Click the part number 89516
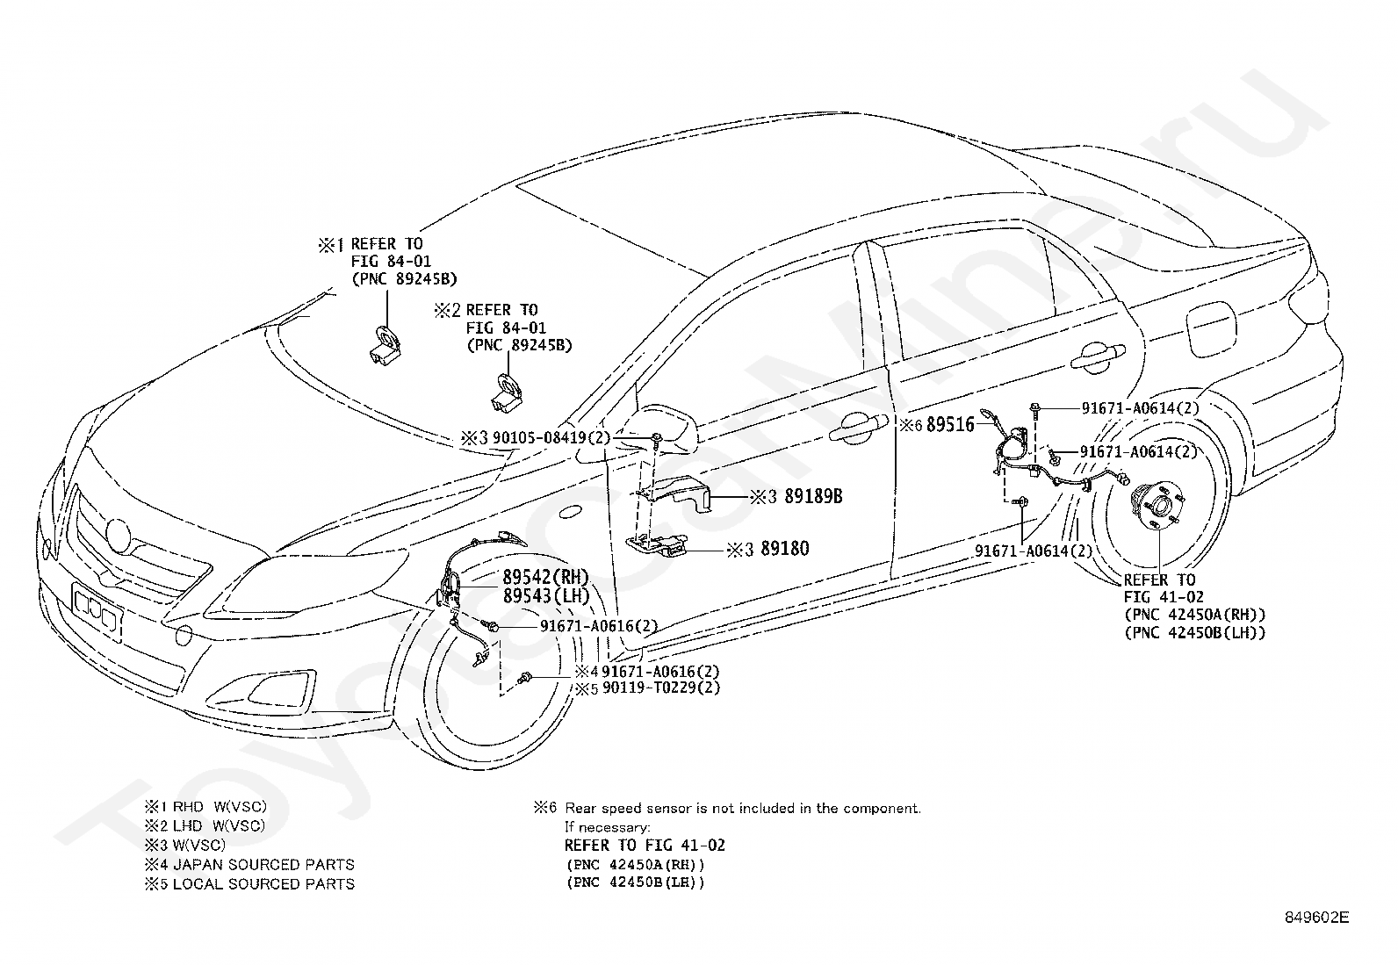point(950,424)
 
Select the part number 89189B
point(813,496)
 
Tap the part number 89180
point(785,549)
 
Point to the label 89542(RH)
point(546,577)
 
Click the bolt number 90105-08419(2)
point(551,437)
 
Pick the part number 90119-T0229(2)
point(661,688)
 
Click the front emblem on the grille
point(119,535)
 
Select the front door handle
point(858,427)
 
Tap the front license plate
point(97,610)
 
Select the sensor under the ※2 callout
point(506,394)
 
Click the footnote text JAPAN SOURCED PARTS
point(263,865)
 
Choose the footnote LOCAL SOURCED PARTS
point(263,884)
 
